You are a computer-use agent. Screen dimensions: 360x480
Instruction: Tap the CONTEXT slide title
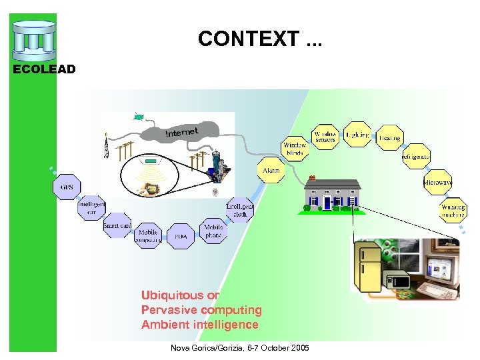click(259, 39)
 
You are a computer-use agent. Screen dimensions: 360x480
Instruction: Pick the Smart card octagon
click(117, 226)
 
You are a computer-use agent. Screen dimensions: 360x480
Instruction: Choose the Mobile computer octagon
click(147, 237)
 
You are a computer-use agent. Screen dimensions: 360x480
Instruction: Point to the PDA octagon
click(181, 237)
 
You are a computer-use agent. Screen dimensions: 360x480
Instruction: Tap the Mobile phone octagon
click(213, 231)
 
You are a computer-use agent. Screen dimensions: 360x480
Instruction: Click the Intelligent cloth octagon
click(240, 210)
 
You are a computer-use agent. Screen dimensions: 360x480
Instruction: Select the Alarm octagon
click(271, 171)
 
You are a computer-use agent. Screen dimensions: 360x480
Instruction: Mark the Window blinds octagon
click(295, 149)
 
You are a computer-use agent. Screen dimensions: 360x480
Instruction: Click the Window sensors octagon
click(325, 136)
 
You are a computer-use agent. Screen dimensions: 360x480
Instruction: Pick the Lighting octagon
click(357, 135)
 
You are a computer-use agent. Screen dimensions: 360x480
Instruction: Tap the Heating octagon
click(389, 138)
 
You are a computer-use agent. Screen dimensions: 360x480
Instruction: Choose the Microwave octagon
click(437, 182)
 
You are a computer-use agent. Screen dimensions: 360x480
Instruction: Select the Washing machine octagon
click(453, 211)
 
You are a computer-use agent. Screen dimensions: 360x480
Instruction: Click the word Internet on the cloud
click(182, 132)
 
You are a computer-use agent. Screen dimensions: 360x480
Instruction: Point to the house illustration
click(331, 194)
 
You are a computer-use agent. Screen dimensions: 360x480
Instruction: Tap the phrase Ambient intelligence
click(199, 325)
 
